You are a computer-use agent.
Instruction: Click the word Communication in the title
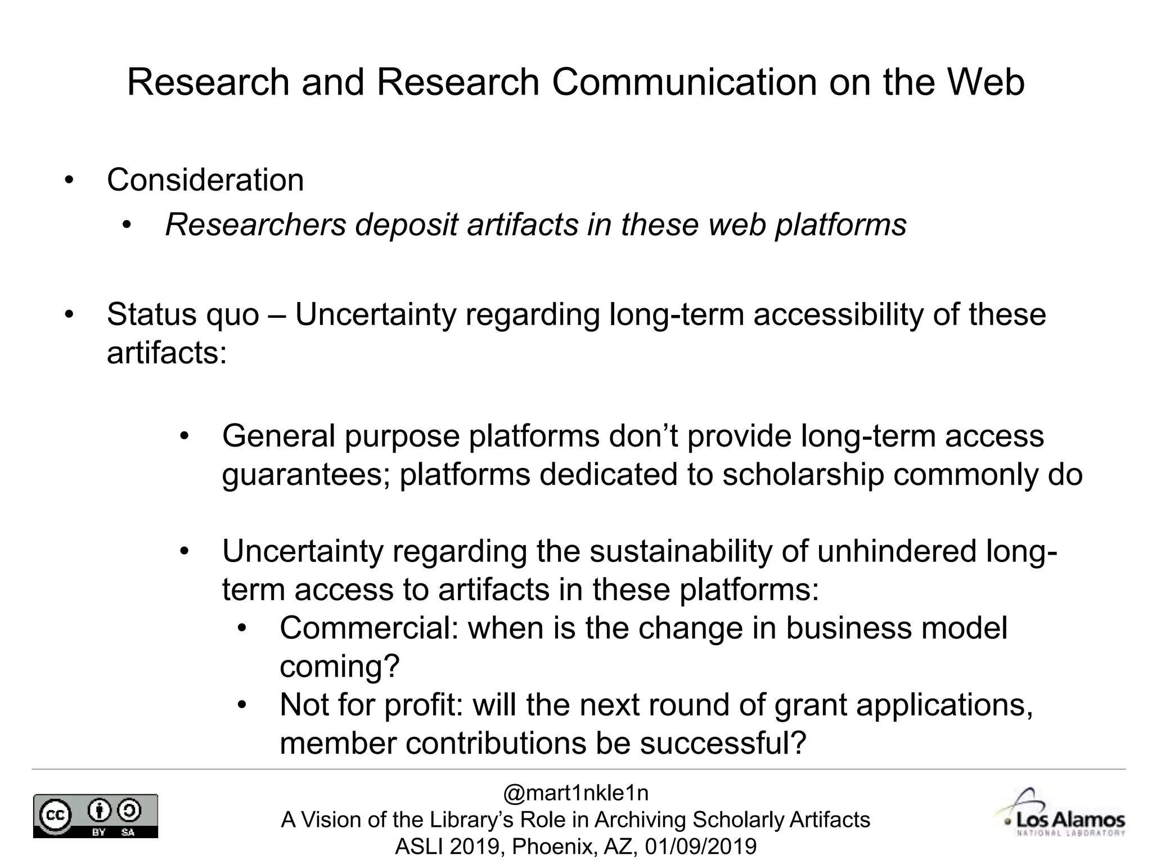[x=684, y=82]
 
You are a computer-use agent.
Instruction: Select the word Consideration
[x=205, y=180]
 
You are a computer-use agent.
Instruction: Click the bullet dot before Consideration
[x=69, y=181]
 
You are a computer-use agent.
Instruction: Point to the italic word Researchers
[x=255, y=225]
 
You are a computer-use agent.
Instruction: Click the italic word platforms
[x=841, y=225]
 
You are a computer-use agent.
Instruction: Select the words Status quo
[x=183, y=314]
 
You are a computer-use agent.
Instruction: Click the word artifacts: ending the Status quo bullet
[x=166, y=353]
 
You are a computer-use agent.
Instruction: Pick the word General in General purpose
[x=278, y=436]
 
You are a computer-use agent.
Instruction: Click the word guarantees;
[x=306, y=474]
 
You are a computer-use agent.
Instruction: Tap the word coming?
[x=339, y=667]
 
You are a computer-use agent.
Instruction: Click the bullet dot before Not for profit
[x=242, y=705]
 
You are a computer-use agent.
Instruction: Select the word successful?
[x=723, y=743]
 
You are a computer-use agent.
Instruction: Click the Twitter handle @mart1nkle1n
[x=575, y=793]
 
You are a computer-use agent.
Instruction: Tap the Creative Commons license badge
[x=96, y=816]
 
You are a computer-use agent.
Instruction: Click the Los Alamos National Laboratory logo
[x=1062, y=815]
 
